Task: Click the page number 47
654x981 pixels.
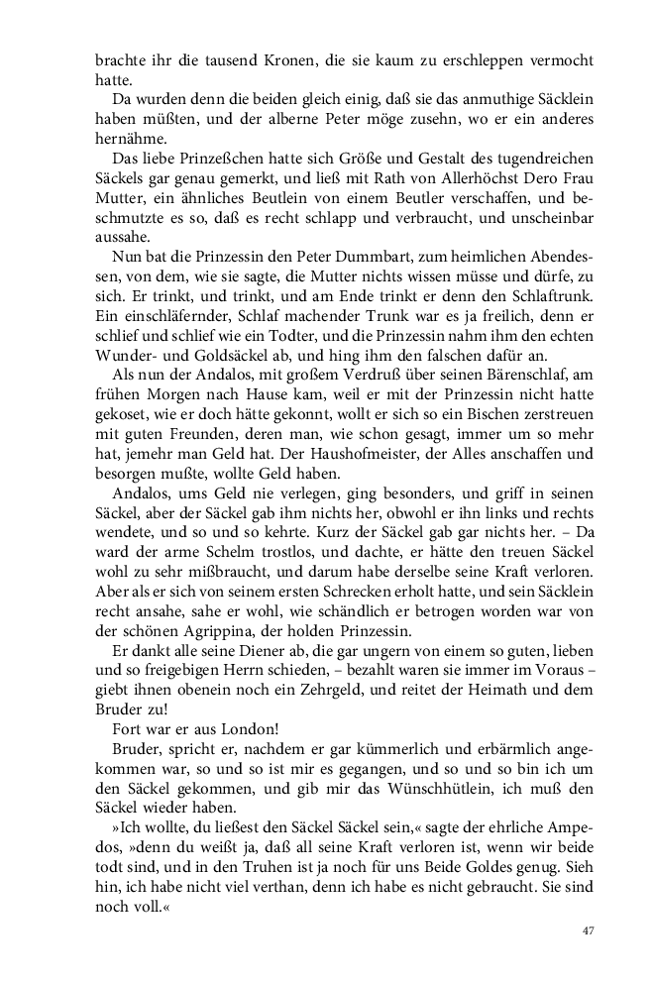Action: (x=587, y=930)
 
